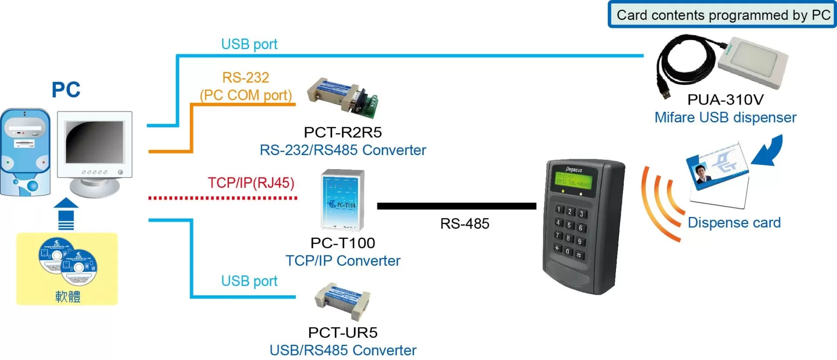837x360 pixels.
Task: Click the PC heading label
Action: click(66, 90)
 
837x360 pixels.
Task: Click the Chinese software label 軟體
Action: click(68, 297)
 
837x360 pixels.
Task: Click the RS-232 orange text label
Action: click(245, 78)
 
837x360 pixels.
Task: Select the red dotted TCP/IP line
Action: click(222, 198)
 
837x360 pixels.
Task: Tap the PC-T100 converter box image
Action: click(343, 200)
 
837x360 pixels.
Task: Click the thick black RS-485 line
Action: click(456, 206)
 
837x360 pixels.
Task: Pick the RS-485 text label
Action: click(465, 224)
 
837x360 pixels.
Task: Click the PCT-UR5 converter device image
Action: click(343, 300)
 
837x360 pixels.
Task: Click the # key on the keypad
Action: click(579, 255)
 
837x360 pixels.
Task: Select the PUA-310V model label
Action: click(725, 100)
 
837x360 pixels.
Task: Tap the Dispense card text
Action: click(734, 223)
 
